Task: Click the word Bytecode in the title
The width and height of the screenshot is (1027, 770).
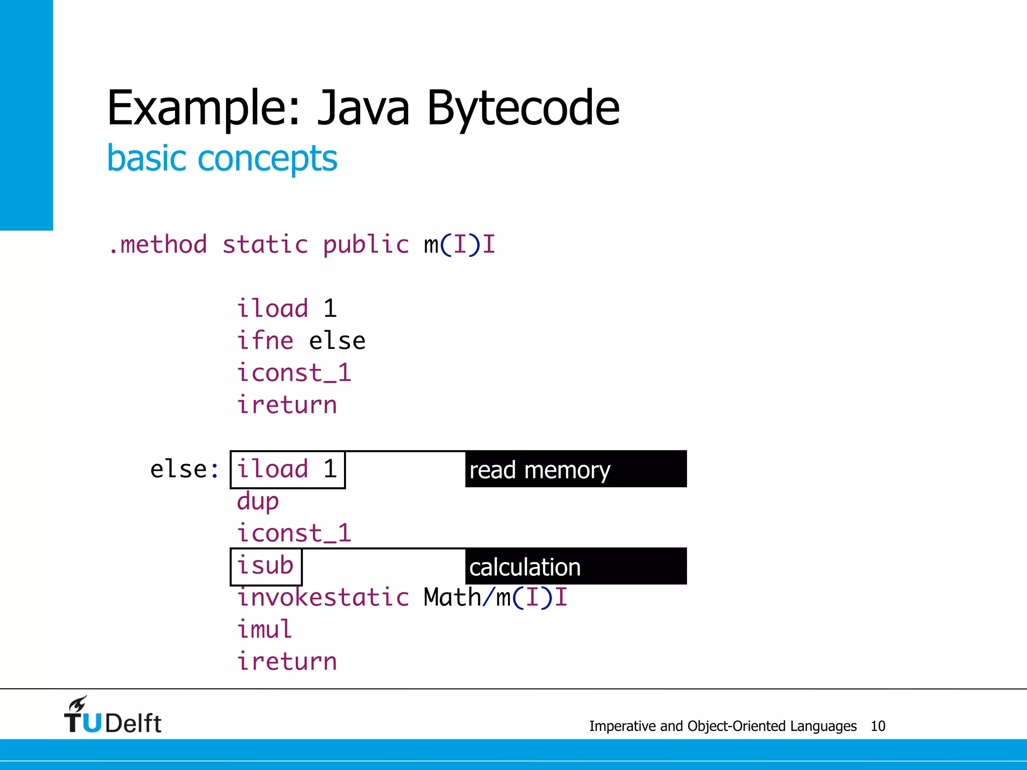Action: click(523, 108)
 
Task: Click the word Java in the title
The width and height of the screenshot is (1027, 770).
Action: click(364, 108)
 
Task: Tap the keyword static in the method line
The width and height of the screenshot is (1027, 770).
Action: click(265, 245)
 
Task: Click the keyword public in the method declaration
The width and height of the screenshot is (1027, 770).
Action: click(366, 245)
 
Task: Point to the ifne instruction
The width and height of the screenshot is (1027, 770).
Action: click(265, 341)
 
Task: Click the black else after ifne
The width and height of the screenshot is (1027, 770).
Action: click(337, 341)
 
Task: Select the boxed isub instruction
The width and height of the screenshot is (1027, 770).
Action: click(265, 566)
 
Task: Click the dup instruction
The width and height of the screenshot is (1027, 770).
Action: click(258, 501)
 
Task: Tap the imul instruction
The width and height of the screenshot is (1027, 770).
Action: click(264, 629)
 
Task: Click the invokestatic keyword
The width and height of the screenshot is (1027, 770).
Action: click(323, 597)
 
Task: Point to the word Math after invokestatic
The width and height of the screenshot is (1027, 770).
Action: click(452, 597)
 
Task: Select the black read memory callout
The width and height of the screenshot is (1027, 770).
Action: click(575, 469)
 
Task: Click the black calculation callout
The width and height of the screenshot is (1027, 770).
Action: click(575, 566)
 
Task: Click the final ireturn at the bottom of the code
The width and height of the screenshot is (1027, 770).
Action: click(287, 661)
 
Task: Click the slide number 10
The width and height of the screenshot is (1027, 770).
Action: click(878, 726)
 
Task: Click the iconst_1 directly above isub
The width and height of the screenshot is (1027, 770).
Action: click(294, 533)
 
